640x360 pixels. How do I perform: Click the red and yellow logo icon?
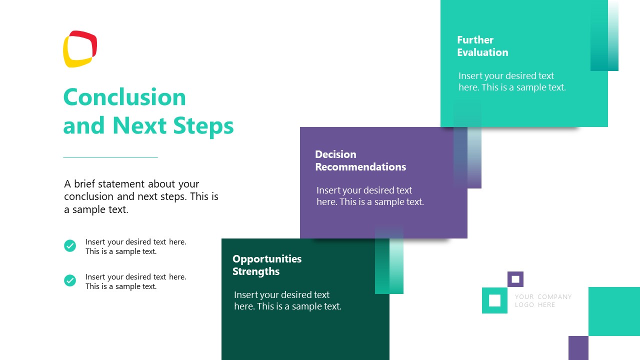tap(79, 49)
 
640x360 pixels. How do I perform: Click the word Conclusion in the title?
tap(124, 97)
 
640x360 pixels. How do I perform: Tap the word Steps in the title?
tap(203, 125)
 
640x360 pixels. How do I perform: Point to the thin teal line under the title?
tap(110, 157)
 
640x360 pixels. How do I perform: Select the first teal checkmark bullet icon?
tap(70, 245)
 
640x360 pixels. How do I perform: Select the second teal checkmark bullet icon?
tap(70, 280)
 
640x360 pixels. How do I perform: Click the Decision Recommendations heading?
tap(360, 160)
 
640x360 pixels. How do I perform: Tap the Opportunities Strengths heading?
tap(267, 265)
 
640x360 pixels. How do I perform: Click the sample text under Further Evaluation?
tap(512, 81)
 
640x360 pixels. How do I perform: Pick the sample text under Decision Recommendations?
tap(370, 196)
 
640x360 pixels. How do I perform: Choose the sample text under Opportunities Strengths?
tap(287, 300)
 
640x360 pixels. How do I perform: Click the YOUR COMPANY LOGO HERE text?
tap(543, 300)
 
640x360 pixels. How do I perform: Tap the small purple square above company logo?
tap(515, 279)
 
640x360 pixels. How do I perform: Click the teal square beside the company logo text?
tap(494, 300)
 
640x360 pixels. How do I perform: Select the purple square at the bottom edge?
tap(578, 347)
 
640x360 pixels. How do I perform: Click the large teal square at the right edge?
tap(614, 311)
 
